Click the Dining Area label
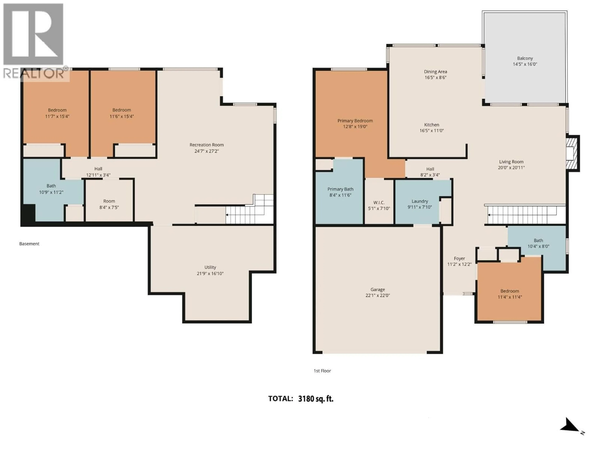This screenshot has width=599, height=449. (x=435, y=72)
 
